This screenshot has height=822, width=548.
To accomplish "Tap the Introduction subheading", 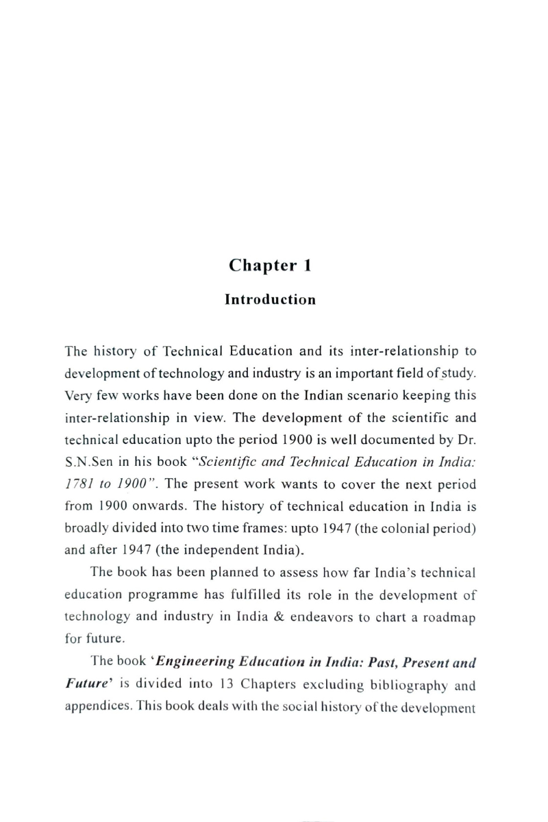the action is tap(271, 300).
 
